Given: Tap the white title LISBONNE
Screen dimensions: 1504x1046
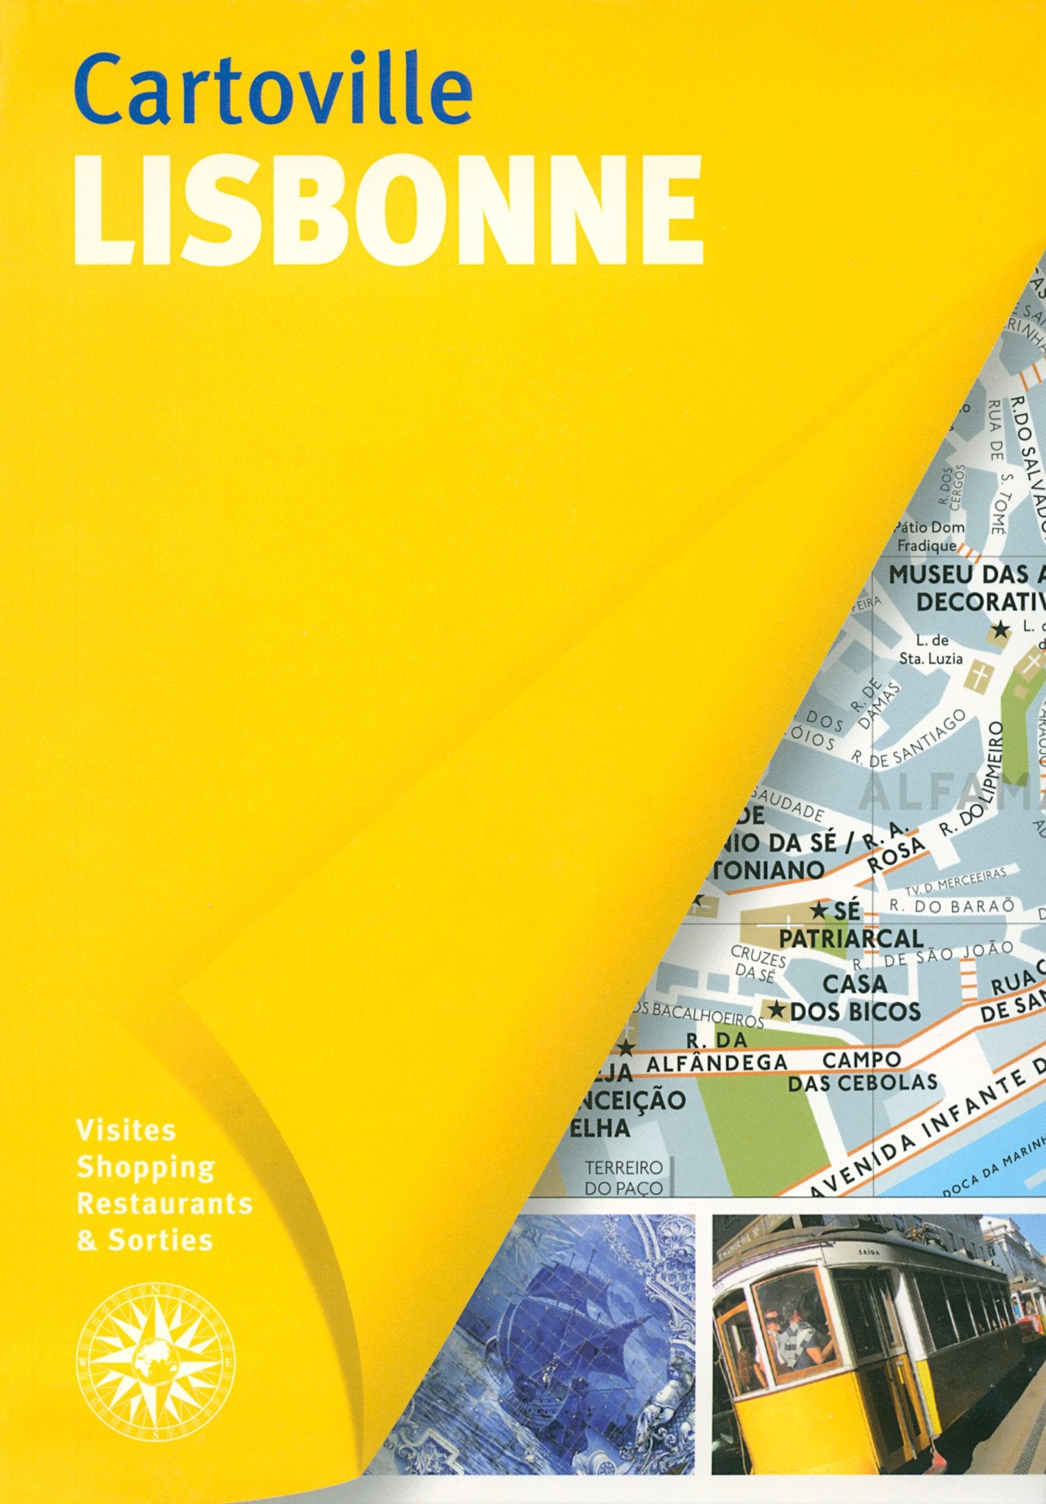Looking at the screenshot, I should point(388,210).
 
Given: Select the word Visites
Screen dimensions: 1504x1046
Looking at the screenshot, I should point(127,1130).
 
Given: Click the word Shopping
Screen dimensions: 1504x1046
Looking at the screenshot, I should point(146,1166).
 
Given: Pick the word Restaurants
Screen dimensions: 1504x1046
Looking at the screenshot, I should point(165,1203).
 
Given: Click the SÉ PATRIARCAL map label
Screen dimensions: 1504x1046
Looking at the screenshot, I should point(850,924).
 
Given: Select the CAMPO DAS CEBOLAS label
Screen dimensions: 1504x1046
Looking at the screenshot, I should point(862,1071).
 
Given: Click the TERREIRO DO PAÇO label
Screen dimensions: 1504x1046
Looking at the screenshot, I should point(623,1177).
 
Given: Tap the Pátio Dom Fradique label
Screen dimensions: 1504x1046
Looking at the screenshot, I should point(929,536).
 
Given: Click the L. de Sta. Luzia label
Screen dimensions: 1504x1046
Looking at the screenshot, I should point(931,650).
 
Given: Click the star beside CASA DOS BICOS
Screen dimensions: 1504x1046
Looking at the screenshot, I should point(777,1009).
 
